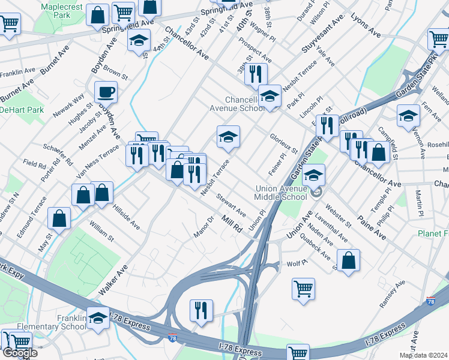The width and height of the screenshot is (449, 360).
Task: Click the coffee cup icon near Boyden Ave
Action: pos(106,92)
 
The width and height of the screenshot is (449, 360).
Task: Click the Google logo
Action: pos(20,353)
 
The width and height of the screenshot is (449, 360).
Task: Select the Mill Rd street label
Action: pos(232,225)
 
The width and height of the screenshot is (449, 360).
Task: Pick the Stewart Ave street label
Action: pos(232,204)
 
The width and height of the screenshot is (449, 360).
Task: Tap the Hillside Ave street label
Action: pos(126,215)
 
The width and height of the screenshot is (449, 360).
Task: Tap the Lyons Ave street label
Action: pos(366,24)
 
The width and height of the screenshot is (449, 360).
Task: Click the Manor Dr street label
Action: pos(203,226)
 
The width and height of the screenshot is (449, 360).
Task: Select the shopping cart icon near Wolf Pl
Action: pos(304,289)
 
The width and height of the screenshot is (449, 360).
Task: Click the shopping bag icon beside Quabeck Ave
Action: pos(348,260)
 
